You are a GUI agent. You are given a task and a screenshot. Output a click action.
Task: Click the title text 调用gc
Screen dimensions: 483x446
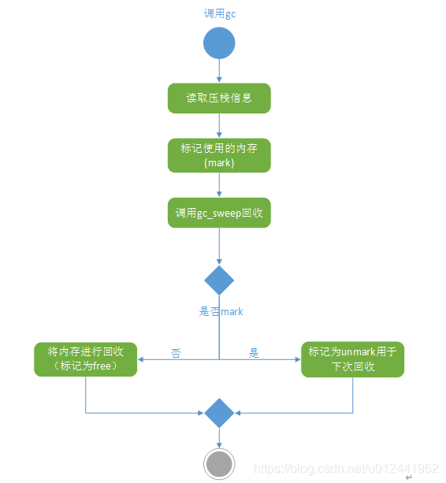pyautogui.click(x=220, y=13)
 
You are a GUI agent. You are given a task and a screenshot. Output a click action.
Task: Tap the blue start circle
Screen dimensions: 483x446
pyautogui.click(x=219, y=43)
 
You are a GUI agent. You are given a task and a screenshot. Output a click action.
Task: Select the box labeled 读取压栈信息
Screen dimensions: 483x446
pyautogui.click(x=219, y=98)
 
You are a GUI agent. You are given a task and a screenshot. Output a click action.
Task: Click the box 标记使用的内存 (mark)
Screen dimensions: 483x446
pyautogui.click(x=219, y=155)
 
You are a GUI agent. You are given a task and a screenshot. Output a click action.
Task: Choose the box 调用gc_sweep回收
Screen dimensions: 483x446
pyautogui.click(x=219, y=213)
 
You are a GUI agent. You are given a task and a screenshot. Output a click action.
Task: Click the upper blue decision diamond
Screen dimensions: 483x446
pyautogui.click(x=219, y=280)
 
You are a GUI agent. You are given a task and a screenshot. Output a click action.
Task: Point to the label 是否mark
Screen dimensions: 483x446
pyautogui.click(x=221, y=312)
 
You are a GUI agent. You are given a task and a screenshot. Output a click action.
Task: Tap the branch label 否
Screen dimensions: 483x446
pyautogui.click(x=176, y=353)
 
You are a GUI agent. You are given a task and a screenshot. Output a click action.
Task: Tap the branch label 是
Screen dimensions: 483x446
pyautogui.click(x=254, y=353)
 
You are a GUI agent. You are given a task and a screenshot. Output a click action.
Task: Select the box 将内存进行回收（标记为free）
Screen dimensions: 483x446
pyautogui.click(x=86, y=359)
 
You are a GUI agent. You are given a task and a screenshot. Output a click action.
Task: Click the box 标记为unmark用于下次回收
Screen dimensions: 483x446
pyautogui.click(x=352, y=359)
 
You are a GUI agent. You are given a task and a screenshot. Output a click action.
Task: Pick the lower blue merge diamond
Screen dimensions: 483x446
pyautogui.click(x=219, y=413)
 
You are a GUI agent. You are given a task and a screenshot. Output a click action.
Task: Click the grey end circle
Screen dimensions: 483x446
pyautogui.click(x=219, y=463)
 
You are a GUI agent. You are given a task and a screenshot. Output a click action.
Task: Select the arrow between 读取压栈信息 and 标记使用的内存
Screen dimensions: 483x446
pyautogui.click(x=219, y=126)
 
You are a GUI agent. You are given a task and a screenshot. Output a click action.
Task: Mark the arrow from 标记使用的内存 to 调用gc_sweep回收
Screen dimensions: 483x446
pyautogui.click(x=219, y=184)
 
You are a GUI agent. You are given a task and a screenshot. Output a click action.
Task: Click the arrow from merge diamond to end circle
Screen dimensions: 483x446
pyautogui.click(x=219, y=437)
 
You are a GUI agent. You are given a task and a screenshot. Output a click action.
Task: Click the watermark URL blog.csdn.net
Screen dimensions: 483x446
pyautogui.click(x=348, y=468)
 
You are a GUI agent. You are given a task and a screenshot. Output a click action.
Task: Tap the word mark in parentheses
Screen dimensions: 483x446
pyautogui.click(x=219, y=162)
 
